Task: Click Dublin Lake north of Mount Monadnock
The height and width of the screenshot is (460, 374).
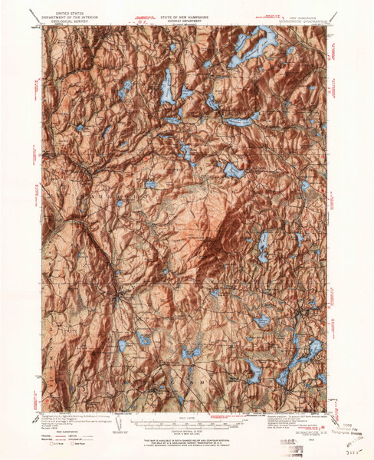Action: click(234, 170)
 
